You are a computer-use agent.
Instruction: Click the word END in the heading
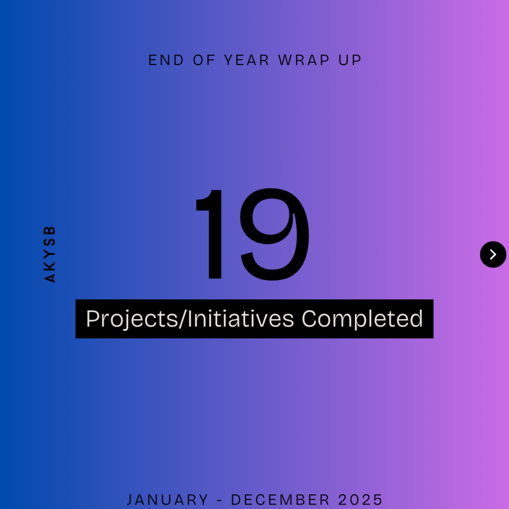[x=166, y=60]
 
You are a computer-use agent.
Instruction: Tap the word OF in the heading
[x=204, y=60]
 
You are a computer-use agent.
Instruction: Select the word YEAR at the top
[x=247, y=60]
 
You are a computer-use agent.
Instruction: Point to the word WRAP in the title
[x=304, y=60]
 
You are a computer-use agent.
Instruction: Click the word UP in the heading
[x=350, y=60]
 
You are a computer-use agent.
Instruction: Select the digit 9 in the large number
[x=274, y=234]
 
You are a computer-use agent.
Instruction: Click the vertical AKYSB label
[x=49, y=254]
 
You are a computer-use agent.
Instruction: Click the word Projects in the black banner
[x=132, y=319]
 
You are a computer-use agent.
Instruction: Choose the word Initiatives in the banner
[x=241, y=319]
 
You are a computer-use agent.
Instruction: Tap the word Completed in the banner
[x=362, y=320]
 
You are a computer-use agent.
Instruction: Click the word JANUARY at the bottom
[x=167, y=500]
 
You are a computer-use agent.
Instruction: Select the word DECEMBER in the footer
[x=280, y=500]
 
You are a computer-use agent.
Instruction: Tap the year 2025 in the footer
[x=360, y=500]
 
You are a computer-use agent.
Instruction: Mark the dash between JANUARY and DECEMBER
[x=219, y=500]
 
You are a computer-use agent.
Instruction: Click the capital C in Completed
[x=309, y=319]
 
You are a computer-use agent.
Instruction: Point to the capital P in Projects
[x=92, y=319]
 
